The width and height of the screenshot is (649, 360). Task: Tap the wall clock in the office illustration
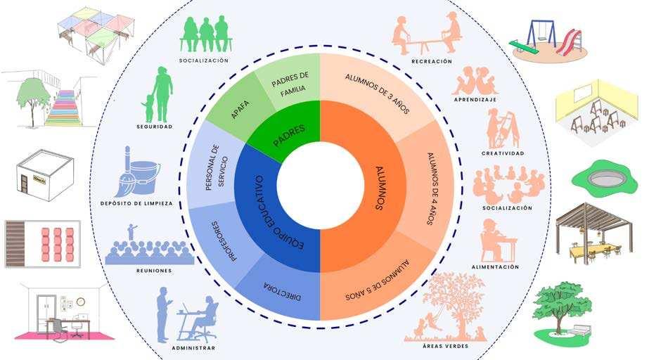click(x=81, y=302)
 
